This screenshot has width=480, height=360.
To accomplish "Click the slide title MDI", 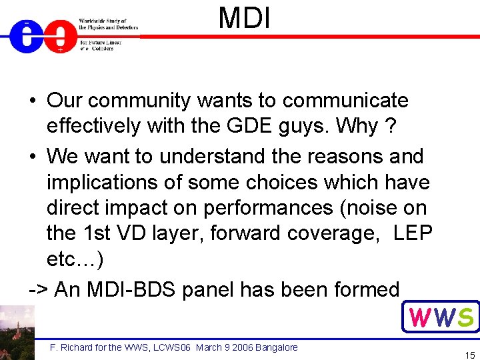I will [x=245, y=18].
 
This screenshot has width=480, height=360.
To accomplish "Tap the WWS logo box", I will [x=441, y=317].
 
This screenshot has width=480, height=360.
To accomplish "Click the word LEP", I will [x=413, y=233].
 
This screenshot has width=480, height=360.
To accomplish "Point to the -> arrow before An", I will [x=38, y=290].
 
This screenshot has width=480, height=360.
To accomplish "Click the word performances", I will [x=267, y=208].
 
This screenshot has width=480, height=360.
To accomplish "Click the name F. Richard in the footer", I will [x=71, y=347].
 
